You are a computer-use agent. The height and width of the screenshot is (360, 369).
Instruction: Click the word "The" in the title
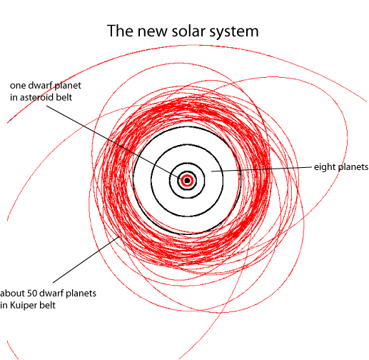tap(120, 31)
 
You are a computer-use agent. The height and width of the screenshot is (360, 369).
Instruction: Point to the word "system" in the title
tap(234, 32)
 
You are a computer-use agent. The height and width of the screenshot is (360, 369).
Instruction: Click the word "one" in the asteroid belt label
tap(18, 86)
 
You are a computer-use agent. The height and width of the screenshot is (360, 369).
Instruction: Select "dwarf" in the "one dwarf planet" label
tap(40, 85)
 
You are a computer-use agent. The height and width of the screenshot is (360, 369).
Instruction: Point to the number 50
tap(32, 293)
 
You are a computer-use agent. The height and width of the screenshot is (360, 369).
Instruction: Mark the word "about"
tap(12, 293)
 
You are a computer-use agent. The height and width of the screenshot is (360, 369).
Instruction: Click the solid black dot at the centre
tap(187, 181)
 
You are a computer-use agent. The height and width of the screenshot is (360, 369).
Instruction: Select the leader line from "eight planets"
tap(261, 169)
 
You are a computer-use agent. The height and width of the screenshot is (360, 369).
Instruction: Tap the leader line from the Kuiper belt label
tap(86, 259)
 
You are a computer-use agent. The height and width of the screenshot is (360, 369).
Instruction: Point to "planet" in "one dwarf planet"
tap(68, 86)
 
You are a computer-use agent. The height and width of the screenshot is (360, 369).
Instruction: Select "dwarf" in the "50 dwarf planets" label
tap(51, 293)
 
